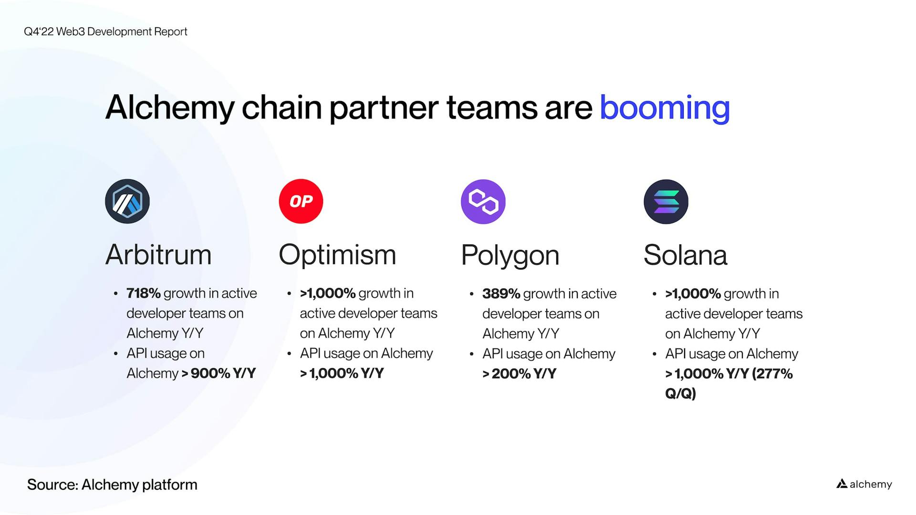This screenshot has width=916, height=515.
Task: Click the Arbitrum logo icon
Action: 127,201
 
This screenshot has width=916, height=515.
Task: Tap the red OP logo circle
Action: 301,201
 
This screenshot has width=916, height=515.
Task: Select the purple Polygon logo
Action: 483,202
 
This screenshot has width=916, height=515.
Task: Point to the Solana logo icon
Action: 666,202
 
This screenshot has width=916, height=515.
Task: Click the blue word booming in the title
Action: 665,108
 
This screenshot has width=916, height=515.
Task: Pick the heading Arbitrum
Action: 158,255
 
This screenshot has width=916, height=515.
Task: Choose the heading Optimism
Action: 337,255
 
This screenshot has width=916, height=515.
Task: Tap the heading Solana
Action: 685,255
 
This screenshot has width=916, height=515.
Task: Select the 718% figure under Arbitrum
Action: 143,293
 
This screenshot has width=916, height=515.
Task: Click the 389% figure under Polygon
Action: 501,294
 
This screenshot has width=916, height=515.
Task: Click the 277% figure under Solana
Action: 772,374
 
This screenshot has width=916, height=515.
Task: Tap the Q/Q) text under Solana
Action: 680,394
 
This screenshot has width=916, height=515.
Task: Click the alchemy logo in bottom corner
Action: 864,484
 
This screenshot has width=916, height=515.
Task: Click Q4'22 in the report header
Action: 39,31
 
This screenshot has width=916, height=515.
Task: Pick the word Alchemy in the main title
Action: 170,108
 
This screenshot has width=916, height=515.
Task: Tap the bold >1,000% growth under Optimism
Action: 328,293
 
